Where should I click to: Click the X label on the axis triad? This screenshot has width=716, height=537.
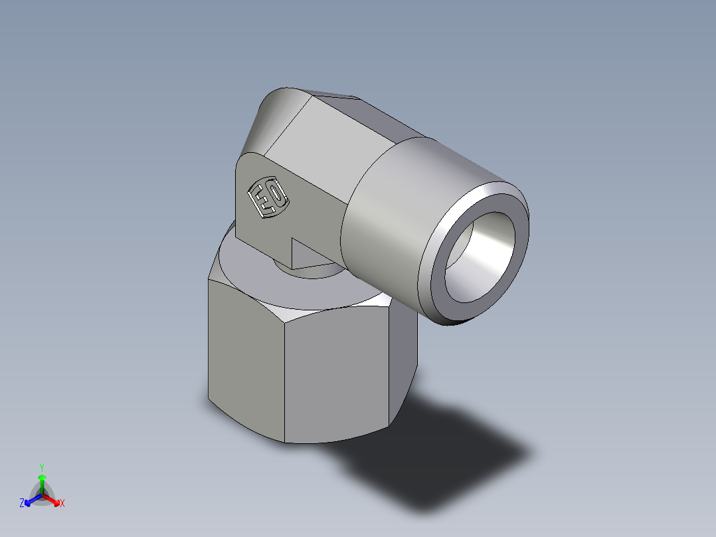click(x=62, y=504)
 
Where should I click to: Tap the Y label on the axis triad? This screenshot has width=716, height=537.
click(x=41, y=467)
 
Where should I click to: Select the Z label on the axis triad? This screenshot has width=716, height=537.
click(x=22, y=504)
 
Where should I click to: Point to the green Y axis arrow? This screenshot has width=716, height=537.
click(x=41, y=482)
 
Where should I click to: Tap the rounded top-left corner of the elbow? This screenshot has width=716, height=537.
click(x=272, y=110)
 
